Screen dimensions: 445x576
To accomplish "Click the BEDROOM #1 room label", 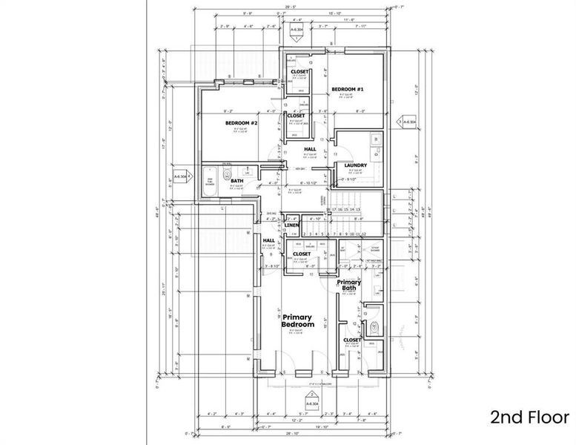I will (347, 90).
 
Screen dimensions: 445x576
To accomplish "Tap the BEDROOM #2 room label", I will (241, 122).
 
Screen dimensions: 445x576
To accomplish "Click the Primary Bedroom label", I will (298, 321).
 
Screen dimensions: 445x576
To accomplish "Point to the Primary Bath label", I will (349, 286).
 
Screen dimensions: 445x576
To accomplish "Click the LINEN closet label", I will (281, 225).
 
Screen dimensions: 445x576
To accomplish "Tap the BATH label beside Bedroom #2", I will (237, 180).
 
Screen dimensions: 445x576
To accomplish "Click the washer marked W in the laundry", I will (376, 139).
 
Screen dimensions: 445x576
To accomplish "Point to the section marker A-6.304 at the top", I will (297, 32).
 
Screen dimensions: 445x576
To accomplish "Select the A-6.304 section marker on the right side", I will (408, 121).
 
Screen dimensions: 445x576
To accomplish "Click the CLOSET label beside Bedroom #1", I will (299, 72).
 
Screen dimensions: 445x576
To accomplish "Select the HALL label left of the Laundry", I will (310, 149).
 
